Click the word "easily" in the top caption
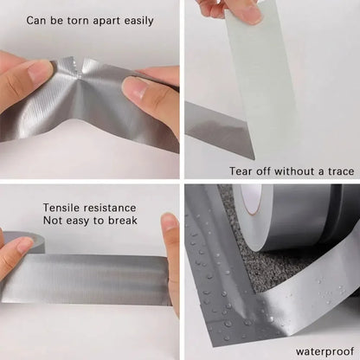click(134, 19)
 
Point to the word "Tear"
click(244, 171)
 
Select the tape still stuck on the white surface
click(216, 134)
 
